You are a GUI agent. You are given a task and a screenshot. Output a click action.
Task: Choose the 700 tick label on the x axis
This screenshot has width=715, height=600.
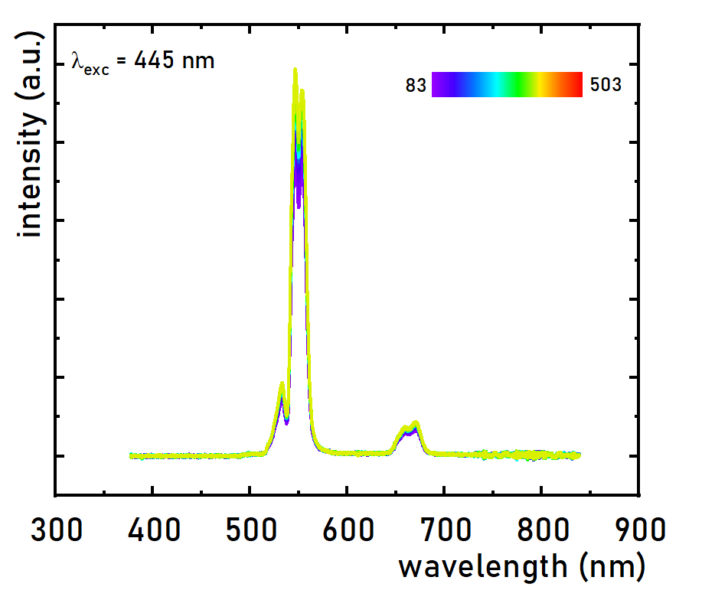pyautogui.click(x=445, y=530)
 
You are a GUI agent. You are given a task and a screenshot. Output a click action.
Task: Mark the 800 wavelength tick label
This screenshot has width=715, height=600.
pyautogui.click(x=542, y=530)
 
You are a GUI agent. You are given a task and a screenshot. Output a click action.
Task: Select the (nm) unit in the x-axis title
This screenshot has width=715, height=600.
pyautogui.click(x=612, y=567)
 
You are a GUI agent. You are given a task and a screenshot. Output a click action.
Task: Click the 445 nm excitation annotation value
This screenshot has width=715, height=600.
pyautogui.click(x=175, y=61)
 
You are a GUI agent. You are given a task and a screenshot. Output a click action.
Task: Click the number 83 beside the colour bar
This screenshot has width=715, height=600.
pyautogui.click(x=416, y=86)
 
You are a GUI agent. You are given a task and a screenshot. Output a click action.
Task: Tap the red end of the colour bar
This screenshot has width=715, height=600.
pyautogui.click(x=576, y=84)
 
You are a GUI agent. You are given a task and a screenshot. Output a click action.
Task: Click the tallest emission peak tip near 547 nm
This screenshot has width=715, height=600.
pyautogui.click(x=295, y=70)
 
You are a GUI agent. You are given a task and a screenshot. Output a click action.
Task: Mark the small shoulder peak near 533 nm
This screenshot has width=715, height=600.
pyautogui.click(x=282, y=384)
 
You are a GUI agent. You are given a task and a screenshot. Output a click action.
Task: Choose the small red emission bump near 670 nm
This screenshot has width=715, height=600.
pyautogui.click(x=416, y=423)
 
